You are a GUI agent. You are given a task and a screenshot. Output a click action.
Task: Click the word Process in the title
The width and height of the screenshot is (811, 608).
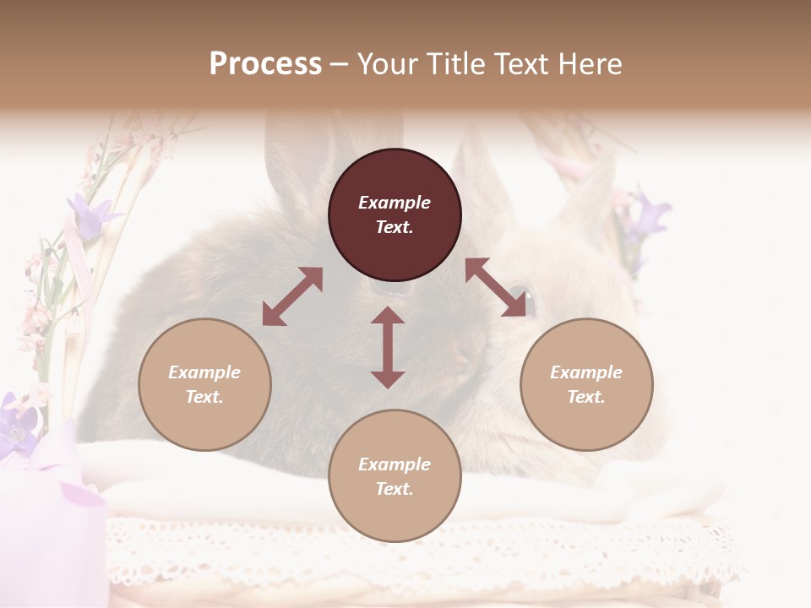265,64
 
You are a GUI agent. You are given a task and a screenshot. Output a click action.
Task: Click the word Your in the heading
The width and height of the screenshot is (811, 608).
389,64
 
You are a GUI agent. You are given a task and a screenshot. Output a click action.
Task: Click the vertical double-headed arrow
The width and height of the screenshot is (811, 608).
388,347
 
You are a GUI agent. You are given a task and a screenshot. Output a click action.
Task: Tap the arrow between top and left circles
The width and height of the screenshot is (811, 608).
292,296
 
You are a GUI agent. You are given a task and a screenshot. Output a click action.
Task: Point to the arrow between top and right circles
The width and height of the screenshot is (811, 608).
496,287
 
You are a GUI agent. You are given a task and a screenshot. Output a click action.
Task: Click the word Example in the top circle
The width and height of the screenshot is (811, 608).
395,203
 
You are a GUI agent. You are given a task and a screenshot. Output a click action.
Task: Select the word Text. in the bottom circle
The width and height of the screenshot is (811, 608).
395,489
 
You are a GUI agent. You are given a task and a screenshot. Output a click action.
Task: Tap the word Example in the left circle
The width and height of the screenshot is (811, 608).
204,372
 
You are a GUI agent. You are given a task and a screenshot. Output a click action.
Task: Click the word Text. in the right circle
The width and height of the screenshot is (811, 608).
586,397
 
